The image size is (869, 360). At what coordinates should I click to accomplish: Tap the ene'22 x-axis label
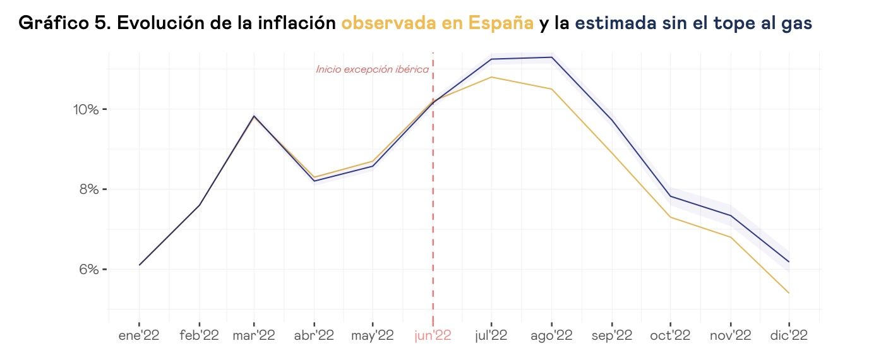tap(139, 336)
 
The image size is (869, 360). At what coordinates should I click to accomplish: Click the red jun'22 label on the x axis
tap(433, 336)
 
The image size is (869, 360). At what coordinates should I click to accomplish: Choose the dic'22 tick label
tap(789, 336)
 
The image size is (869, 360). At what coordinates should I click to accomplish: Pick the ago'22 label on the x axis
tap(551, 336)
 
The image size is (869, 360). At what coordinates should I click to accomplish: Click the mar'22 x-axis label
tap(254, 336)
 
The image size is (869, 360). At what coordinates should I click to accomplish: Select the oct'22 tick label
tap(670, 336)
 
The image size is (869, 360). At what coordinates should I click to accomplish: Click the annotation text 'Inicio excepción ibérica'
tap(373, 69)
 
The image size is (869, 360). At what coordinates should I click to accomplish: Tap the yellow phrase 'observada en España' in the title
tap(437, 24)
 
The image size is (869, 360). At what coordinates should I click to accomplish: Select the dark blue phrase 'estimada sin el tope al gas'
tap(693, 24)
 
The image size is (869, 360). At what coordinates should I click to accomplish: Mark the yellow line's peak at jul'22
tap(491, 77)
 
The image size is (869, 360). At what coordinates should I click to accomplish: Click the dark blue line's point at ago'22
tap(552, 57)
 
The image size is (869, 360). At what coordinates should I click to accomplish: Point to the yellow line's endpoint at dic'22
tap(789, 293)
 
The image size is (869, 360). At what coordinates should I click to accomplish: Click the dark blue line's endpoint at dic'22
tap(789, 261)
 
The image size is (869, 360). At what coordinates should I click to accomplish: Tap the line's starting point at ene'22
tap(140, 265)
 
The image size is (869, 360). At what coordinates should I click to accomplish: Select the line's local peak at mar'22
tap(254, 116)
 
